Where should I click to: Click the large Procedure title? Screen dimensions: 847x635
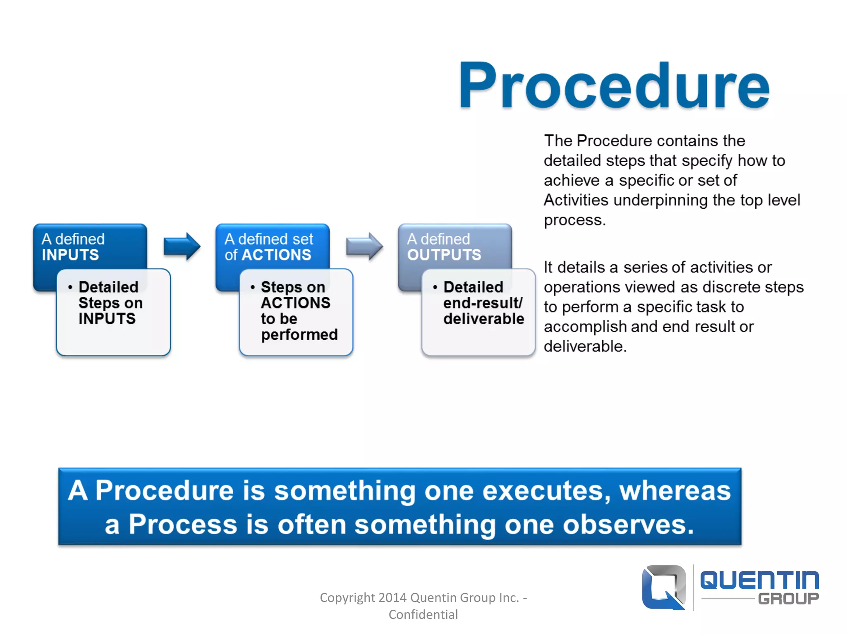point(614,86)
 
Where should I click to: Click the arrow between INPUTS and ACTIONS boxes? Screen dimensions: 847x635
point(182,246)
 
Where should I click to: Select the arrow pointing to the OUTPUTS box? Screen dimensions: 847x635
point(364,246)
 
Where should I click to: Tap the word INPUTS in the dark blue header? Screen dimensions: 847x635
point(70,255)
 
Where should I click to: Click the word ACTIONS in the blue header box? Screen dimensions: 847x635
point(276,255)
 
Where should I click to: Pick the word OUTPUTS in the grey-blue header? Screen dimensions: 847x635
point(444,255)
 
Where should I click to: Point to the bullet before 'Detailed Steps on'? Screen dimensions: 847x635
point(70,287)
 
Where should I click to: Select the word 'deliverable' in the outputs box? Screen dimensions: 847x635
point(484,319)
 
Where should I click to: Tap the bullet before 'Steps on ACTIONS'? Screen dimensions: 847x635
point(253,287)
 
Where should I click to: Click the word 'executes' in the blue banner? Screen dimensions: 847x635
point(546,491)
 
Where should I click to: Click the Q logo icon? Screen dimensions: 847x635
point(664,587)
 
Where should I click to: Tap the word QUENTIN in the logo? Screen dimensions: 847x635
point(760,580)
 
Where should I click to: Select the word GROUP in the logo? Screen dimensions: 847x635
point(789,599)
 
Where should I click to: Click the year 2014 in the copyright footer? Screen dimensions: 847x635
point(392,598)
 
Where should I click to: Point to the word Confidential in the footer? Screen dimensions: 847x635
point(423,615)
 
